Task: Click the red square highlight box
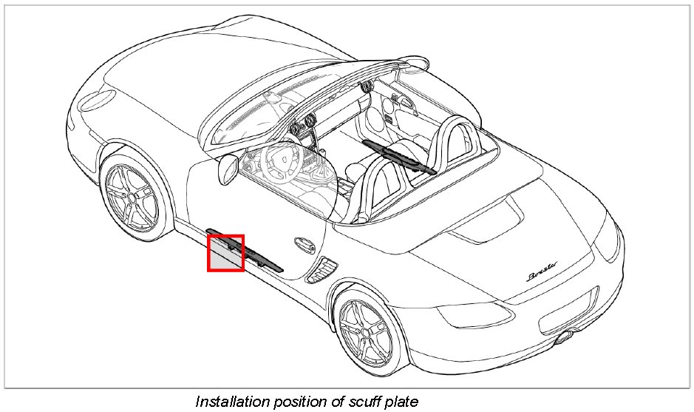pos(225,253)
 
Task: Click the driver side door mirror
pos(225,169)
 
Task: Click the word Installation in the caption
pos(231,402)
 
